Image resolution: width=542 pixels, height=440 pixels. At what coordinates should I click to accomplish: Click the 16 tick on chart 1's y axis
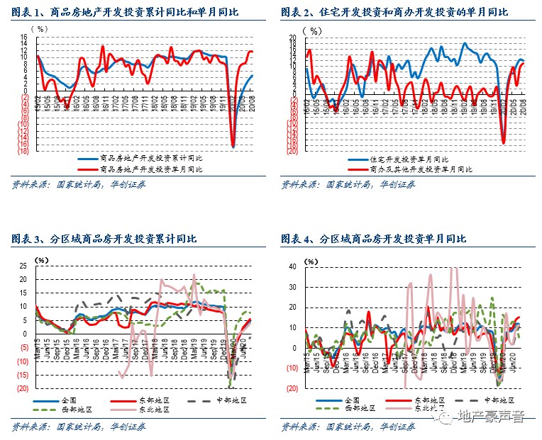click(x=23, y=37)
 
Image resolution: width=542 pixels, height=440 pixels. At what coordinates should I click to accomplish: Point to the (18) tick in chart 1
click(x=23, y=151)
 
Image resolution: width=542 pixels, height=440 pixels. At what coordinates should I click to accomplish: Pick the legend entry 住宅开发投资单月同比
click(x=409, y=159)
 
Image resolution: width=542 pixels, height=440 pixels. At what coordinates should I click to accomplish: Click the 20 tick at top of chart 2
click(x=293, y=38)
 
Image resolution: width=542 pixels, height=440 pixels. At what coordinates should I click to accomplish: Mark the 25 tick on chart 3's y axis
click(x=23, y=266)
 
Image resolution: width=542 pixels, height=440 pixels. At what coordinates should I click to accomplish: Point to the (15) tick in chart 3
click(x=22, y=375)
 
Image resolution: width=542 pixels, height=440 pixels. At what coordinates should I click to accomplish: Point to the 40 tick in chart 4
click(x=293, y=266)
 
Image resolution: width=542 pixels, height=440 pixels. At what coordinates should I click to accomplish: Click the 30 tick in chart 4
click(x=293, y=287)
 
